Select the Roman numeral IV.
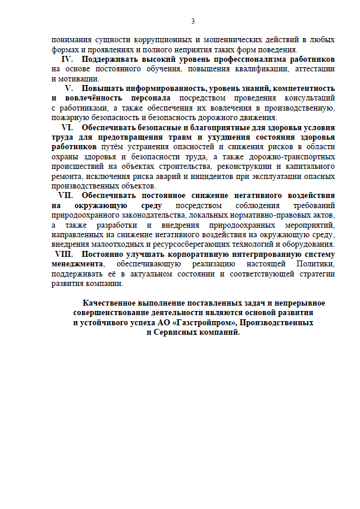(x=67, y=59)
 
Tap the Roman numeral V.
(x=68, y=89)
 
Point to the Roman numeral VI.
(x=67, y=127)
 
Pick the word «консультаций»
(x=308, y=98)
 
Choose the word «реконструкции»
(x=244, y=166)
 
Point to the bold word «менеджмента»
(x=77, y=263)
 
